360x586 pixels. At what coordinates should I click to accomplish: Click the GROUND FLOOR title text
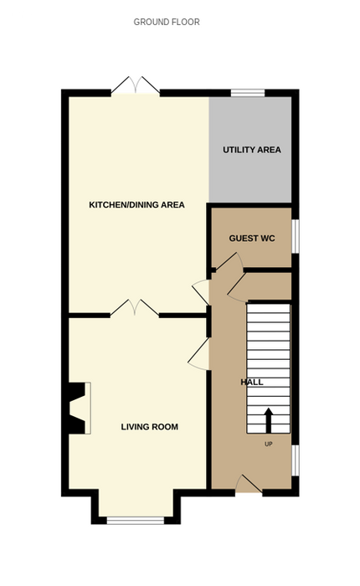[167, 22]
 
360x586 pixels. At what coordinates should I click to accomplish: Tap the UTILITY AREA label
[252, 150]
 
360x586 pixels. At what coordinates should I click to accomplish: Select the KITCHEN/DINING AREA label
[136, 205]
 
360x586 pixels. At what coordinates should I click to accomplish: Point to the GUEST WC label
[252, 238]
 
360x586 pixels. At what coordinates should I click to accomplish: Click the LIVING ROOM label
[150, 427]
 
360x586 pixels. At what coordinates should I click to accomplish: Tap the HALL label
[252, 382]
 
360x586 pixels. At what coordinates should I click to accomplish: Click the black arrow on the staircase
[268, 420]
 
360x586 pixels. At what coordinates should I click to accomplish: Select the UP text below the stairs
[269, 444]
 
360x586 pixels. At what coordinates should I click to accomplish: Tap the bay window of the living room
[136, 520]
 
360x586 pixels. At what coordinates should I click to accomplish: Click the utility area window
[248, 92]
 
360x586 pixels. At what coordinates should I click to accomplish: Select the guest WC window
[296, 236]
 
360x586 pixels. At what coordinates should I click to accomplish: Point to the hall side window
[296, 460]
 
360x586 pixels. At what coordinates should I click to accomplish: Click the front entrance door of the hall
[249, 485]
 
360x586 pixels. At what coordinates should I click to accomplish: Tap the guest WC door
[229, 261]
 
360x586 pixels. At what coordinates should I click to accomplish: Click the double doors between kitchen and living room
[135, 308]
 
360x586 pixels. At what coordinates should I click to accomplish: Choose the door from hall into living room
[199, 354]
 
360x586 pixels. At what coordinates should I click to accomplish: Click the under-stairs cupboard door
[237, 287]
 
